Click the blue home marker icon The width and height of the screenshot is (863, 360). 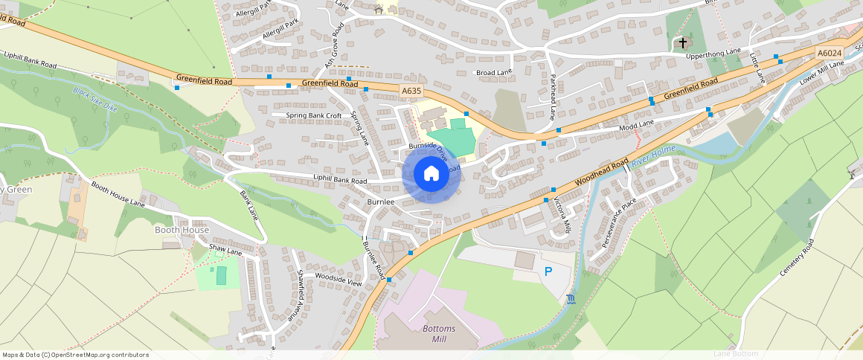pyautogui.click(x=431, y=174)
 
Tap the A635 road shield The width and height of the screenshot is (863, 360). pyautogui.click(x=411, y=91)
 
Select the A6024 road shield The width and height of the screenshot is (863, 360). pyautogui.click(x=829, y=54)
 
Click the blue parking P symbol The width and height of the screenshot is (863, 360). pyautogui.click(x=548, y=272)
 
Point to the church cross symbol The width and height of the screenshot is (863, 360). pyautogui.click(x=683, y=43)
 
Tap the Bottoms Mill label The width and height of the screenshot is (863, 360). pyautogui.click(x=433, y=333)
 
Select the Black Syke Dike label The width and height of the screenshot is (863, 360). pyautogui.click(x=95, y=100)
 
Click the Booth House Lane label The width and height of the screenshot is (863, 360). pyautogui.click(x=118, y=193)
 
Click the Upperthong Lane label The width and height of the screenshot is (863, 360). pyautogui.click(x=713, y=51)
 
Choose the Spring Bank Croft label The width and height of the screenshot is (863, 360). pyautogui.click(x=314, y=116)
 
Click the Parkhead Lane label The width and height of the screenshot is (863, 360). pyautogui.click(x=553, y=97)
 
